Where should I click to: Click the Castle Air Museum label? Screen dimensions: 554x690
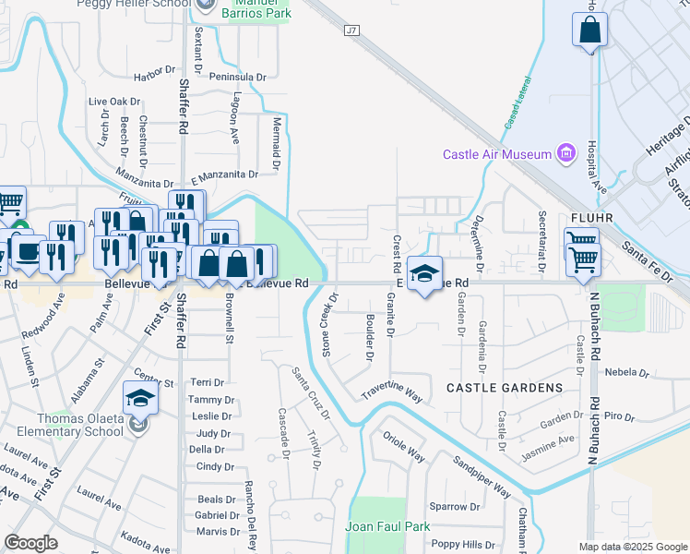coord(496,154)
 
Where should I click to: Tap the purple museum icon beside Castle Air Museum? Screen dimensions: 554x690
coord(566,153)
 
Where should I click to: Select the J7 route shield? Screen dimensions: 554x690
coord(351,30)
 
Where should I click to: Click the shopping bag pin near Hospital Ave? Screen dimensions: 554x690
coord(589,30)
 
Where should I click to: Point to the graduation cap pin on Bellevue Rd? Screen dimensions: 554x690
coord(423,274)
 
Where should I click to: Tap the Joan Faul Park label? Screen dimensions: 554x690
coord(387,526)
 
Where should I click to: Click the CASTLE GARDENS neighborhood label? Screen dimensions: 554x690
coord(504,387)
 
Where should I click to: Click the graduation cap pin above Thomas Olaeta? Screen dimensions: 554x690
coord(140,398)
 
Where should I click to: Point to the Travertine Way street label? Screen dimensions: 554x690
coord(391,390)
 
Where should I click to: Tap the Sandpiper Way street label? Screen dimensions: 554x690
coord(481,476)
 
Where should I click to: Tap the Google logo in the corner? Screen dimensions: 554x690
coord(30,543)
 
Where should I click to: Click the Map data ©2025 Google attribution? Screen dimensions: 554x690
coord(632,547)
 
